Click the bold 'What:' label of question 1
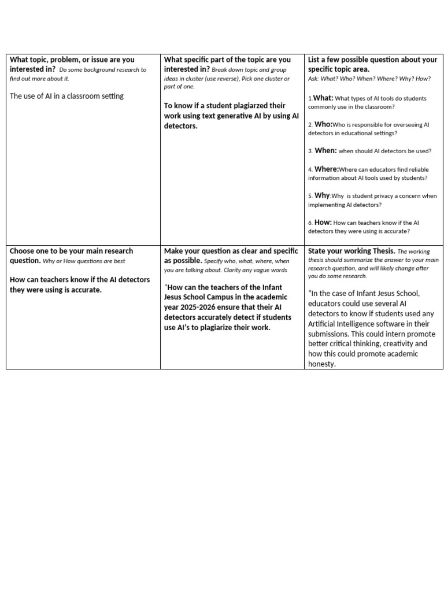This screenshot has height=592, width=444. point(323,98)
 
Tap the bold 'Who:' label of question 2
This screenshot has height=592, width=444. point(323,124)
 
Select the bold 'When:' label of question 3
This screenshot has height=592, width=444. point(325,150)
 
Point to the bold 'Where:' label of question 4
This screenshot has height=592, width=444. point(327,169)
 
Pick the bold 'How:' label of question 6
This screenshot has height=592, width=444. point(323,222)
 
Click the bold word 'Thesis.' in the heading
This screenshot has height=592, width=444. point(383,251)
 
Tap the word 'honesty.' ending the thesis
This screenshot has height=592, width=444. point(321,364)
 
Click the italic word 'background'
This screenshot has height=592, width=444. point(104,70)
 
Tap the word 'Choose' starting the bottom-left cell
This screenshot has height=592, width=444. point(23,251)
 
